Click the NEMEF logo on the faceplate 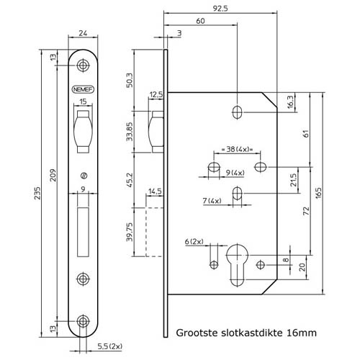[x=83, y=89]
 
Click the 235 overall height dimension [x=37, y=193]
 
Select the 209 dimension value [x=53, y=175]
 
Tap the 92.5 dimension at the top [x=220, y=9]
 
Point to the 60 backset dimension [x=200, y=21]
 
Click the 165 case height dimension [x=318, y=193]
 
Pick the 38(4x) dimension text [x=237, y=149]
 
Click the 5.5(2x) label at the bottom [x=110, y=346]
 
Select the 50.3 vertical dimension [x=130, y=80]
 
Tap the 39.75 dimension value [x=130, y=232]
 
